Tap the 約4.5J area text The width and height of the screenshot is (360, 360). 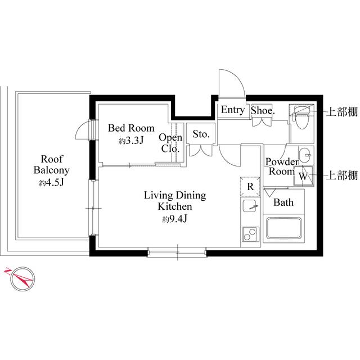coord(51,184)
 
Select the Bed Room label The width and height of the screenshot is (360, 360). coord(132,128)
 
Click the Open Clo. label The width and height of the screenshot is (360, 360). coord(169,143)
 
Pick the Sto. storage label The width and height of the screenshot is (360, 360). coord(201,134)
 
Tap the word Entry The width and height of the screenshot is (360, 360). coord(232,110)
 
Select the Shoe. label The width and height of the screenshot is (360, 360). coord(262,111)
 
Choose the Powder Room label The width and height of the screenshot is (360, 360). coord(280,166)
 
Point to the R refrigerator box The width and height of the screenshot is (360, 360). coord(249,186)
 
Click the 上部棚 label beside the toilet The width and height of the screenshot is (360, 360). coord(343,112)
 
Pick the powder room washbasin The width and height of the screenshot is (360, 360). coord(304,154)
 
